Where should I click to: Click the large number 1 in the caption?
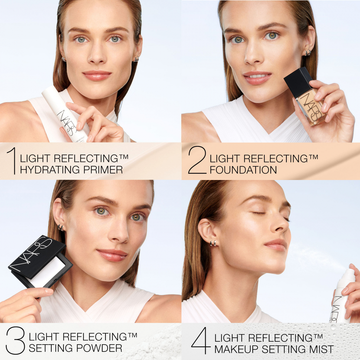tap(12, 160)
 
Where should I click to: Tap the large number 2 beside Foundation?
tap(197, 160)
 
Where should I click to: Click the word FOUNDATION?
tap(243, 170)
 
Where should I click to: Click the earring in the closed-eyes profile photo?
tap(213, 243)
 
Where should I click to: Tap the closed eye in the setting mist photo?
tap(259, 213)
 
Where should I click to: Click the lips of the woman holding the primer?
tap(97, 76)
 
